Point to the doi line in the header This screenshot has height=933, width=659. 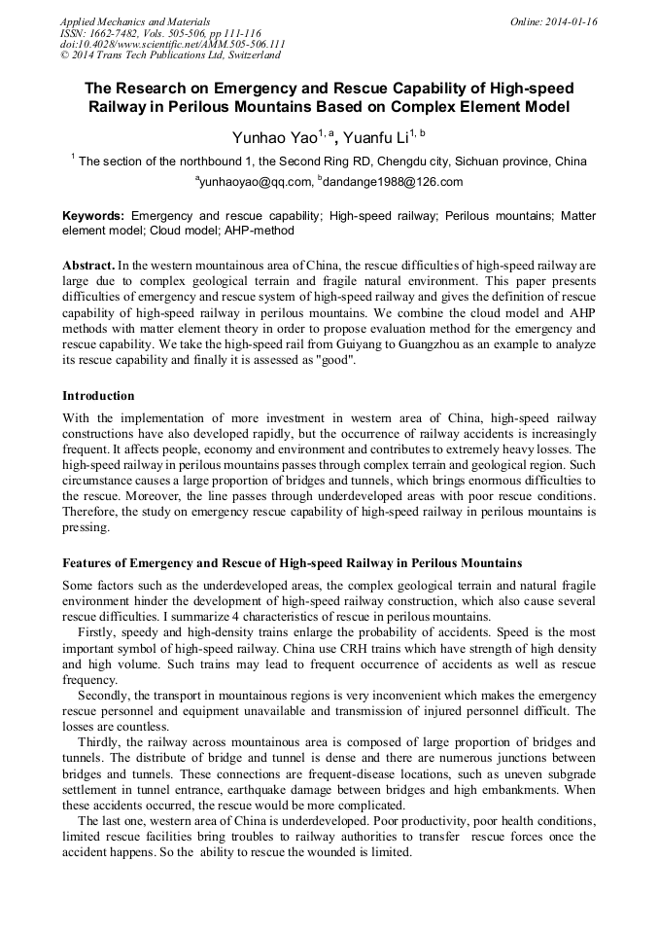(x=172, y=45)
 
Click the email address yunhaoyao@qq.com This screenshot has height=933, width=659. (x=255, y=182)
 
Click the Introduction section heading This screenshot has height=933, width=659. (x=98, y=396)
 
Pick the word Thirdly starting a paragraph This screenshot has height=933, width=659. (x=102, y=741)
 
